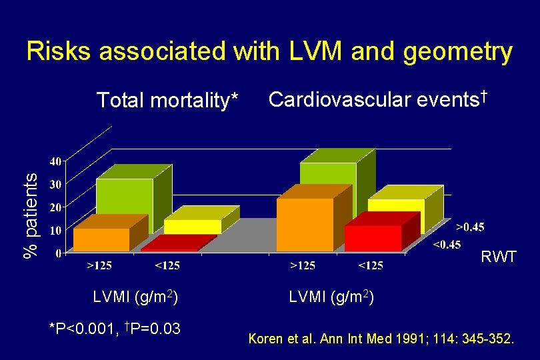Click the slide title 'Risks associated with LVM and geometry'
[269, 51]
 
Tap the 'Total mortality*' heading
[167, 101]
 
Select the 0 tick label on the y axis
[59, 253]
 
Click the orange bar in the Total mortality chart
[101, 239]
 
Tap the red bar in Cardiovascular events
[373, 237]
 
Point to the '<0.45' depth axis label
[447, 245]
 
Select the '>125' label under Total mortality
[100, 265]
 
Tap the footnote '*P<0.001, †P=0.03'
[116, 328]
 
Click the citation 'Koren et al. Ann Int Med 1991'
[381, 340]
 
